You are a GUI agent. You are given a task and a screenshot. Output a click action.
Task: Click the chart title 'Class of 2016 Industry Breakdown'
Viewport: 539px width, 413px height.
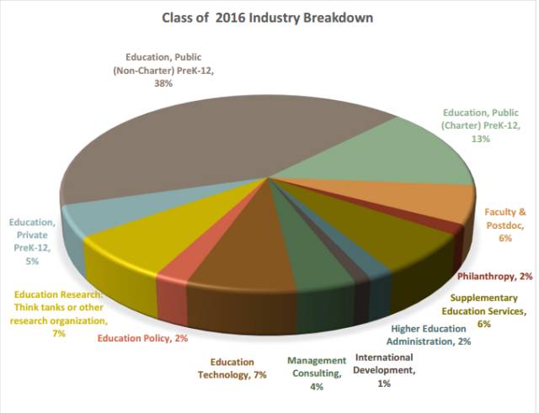coord(268,17)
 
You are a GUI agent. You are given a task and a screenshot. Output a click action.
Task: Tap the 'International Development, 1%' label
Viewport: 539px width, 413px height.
coord(384,370)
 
